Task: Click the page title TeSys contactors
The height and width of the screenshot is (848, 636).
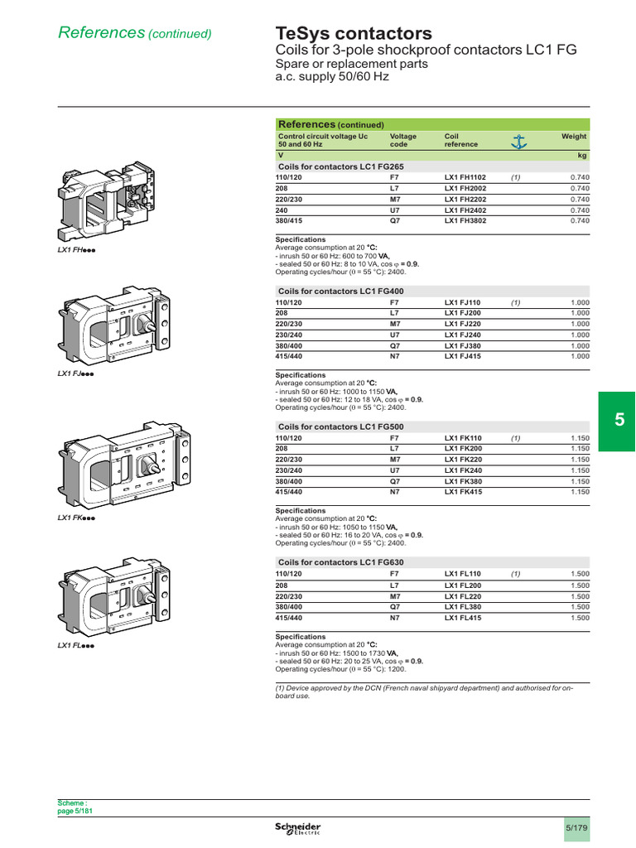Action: pyautogui.click(x=354, y=33)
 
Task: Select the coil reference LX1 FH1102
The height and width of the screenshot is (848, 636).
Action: pyautogui.click(x=465, y=177)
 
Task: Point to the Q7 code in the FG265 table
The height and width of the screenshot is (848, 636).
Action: pyautogui.click(x=395, y=220)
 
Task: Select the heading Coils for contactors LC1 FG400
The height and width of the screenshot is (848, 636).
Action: pyautogui.click(x=340, y=291)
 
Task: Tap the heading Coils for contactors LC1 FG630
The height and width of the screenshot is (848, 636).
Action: pyautogui.click(x=340, y=562)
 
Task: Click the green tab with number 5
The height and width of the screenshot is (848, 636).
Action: pyautogui.click(x=619, y=421)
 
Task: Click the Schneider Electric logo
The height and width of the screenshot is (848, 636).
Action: pyautogui.click(x=298, y=829)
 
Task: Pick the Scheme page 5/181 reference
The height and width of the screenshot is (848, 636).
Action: pyautogui.click(x=75, y=807)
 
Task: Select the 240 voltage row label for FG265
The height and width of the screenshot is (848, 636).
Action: pyautogui.click(x=282, y=210)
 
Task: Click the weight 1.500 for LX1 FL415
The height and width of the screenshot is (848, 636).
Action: pyautogui.click(x=580, y=618)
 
